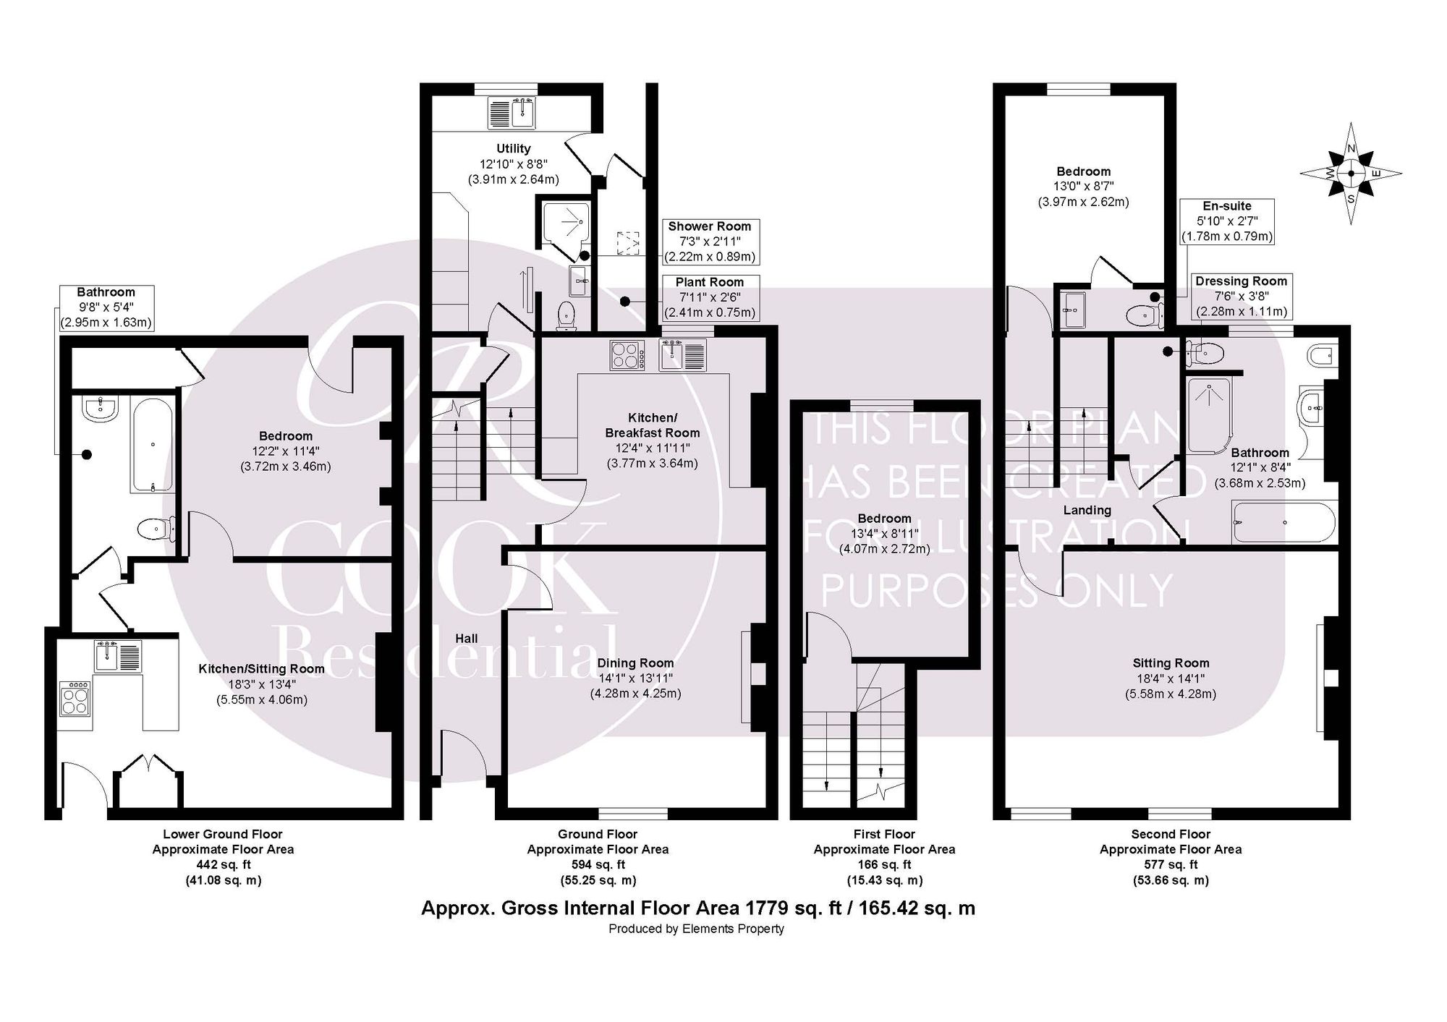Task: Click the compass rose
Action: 1351,174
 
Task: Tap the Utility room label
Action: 514,148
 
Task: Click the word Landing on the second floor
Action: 1087,511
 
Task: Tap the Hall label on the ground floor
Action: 467,639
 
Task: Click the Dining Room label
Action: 635,663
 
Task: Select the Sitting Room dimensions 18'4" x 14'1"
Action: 1171,678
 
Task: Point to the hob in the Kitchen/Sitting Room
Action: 75,697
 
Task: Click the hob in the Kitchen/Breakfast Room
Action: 628,356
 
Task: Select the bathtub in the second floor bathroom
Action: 1285,522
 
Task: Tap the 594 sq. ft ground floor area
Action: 598,865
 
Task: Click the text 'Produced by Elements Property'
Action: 697,929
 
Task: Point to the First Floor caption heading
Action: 884,835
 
